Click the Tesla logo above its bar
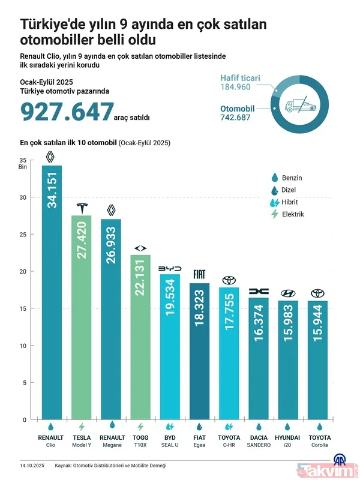tap(82, 208)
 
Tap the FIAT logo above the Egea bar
tap(200, 275)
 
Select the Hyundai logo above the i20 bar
tap(287, 293)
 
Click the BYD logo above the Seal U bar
tap(170, 269)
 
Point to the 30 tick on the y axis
tap(23, 197)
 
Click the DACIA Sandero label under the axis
tap(258, 442)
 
